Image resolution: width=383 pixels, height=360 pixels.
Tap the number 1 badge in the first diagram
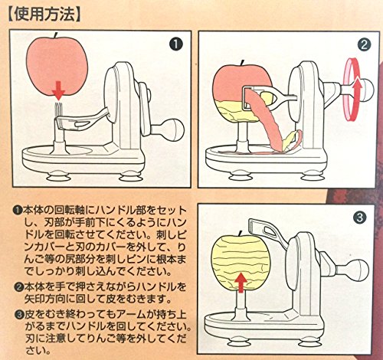click(x=175, y=44)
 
